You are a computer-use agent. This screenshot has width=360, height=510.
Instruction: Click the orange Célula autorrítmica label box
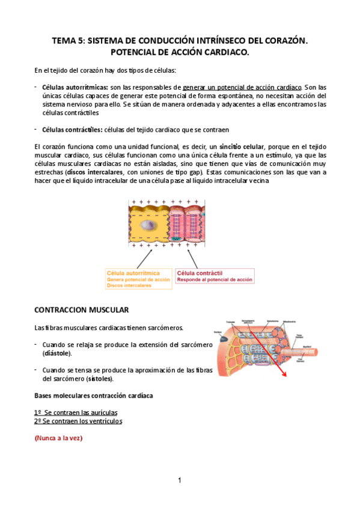tap(138, 278)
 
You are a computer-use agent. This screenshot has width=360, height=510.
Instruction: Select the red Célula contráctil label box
tap(215, 275)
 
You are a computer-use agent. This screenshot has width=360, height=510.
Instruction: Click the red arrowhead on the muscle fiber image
tap(284, 373)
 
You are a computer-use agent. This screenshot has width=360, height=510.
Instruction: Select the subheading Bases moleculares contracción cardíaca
tap(93, 396)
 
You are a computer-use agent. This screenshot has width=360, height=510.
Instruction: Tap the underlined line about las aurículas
tap(76, 413)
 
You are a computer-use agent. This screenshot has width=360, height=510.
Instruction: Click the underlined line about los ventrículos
tap(78, 421)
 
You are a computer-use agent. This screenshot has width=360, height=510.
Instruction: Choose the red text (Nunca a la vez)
tap(58, 438)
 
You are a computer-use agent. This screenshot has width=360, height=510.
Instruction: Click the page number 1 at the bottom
tap(180, 480)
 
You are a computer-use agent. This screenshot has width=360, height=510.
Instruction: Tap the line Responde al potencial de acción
tap(215, 280)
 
